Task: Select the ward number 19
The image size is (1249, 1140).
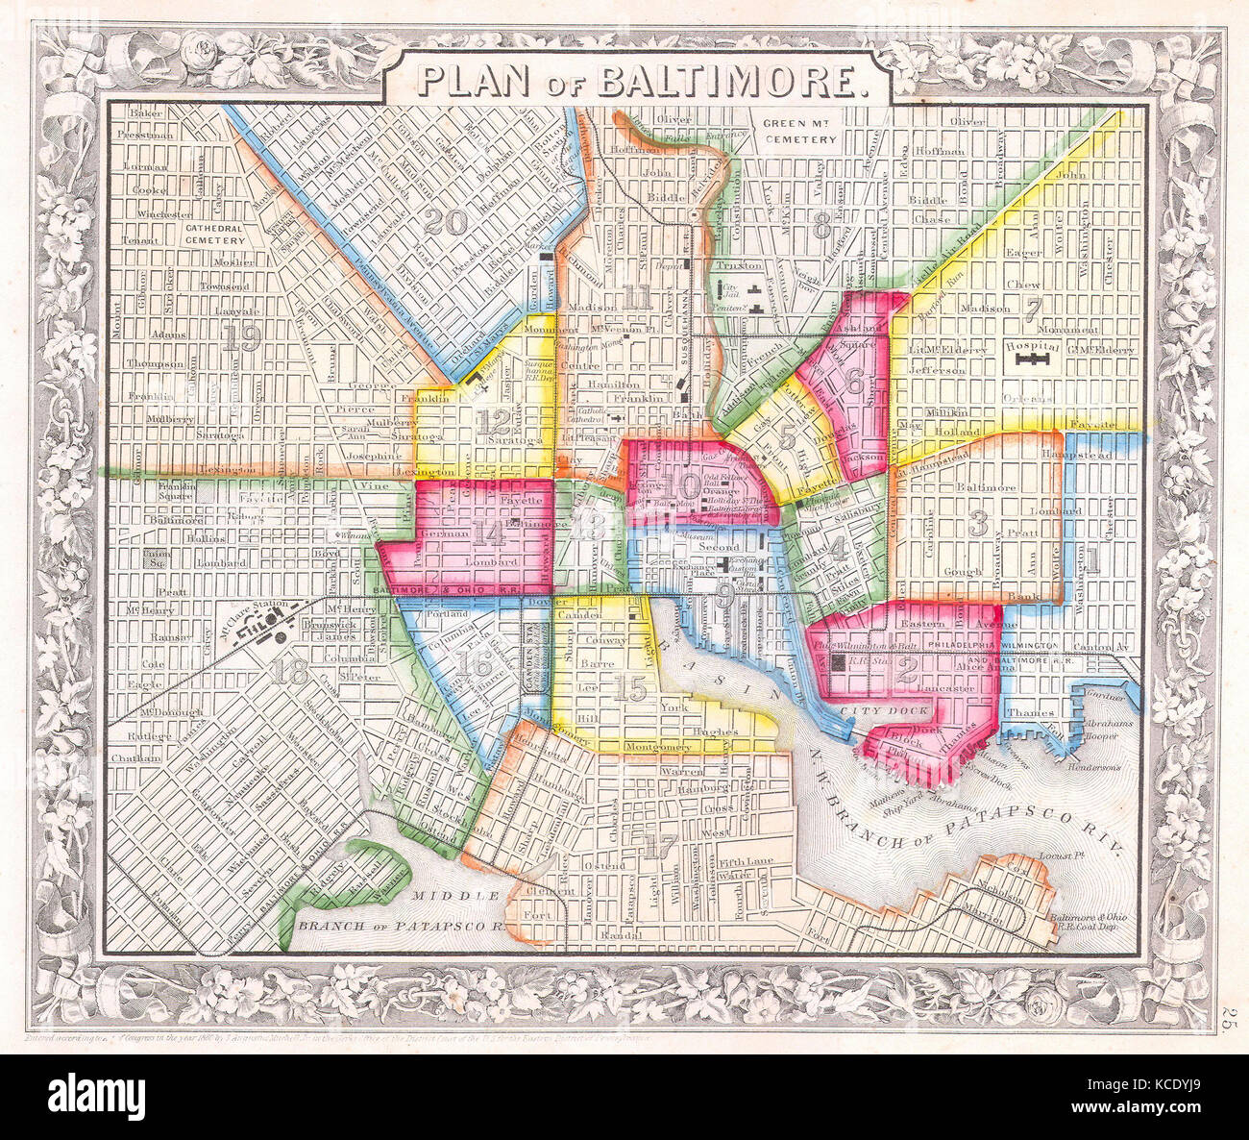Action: pos(240,335)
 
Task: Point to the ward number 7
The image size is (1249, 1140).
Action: pos(1033,310)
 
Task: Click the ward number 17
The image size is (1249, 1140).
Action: pos(661,847)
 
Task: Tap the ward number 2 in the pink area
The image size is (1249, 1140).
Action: pos(905,671)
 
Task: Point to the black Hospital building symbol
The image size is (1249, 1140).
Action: pos(1033,359)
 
